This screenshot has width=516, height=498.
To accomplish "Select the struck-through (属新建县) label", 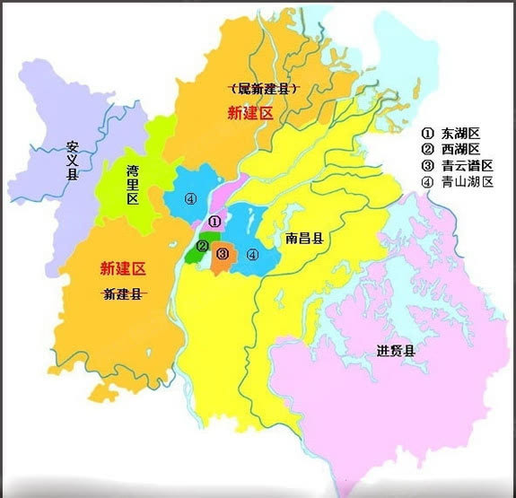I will click(264, 88).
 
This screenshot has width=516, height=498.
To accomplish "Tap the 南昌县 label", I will click(305, 240).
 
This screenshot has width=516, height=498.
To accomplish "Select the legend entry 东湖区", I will click(458, 132).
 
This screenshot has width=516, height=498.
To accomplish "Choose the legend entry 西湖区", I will click(458, 148).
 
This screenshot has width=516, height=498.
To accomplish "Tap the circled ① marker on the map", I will click(213, 221).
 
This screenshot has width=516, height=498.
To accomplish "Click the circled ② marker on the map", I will click(203, 246).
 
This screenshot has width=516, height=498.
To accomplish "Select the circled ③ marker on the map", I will click(223, 255).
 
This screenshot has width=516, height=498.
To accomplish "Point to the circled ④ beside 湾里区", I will click(189, 199).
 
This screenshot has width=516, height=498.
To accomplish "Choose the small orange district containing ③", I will click(222, 258).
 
